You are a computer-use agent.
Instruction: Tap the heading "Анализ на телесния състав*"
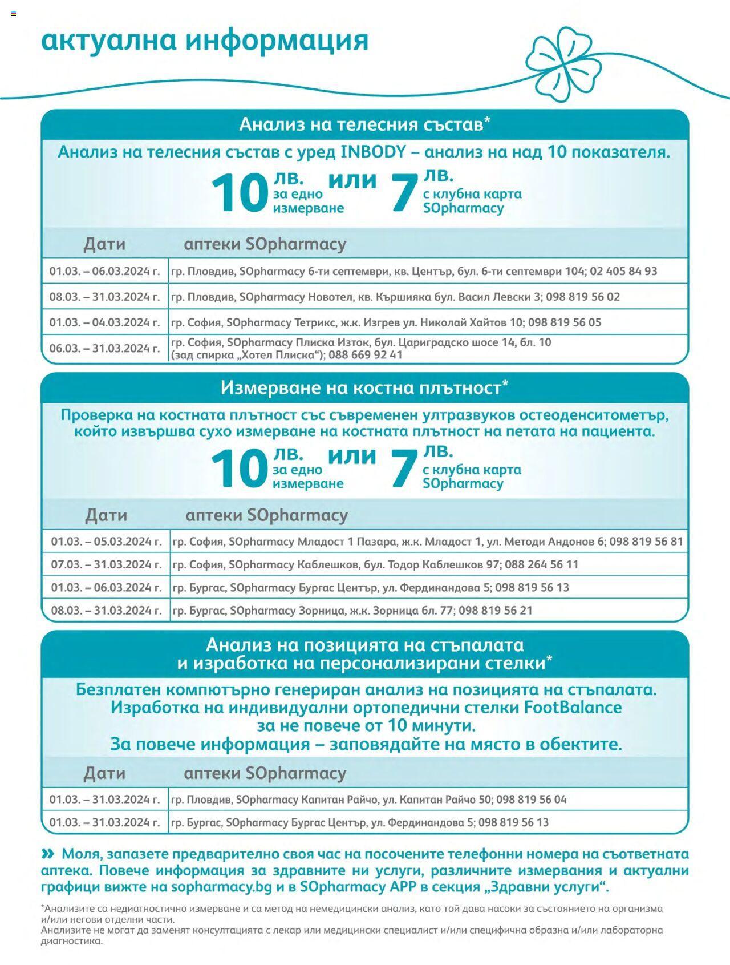tap(364, 124)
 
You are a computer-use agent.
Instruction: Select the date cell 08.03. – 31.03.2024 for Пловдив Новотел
tap(104, 297)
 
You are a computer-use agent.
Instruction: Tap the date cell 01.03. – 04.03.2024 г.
tap(104, 322)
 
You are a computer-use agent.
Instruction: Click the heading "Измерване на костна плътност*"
tap(364, 388)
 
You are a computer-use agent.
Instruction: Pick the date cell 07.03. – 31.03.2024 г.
tap(106, 564)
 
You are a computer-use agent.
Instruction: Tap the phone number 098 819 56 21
tap(495, 611)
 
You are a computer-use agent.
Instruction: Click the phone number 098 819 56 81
tap(646, 541)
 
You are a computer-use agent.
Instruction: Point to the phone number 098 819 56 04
tap(531, 800)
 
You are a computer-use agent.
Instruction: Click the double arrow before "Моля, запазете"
tap(48, 854)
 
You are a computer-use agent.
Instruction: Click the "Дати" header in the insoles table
tap(104, 773)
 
